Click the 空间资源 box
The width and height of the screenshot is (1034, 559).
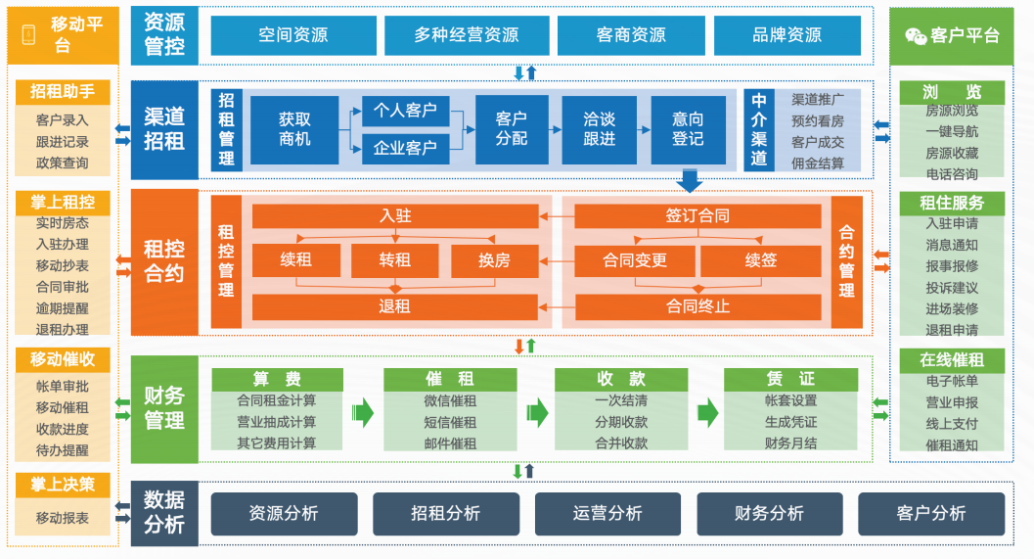click(x=292, y=35)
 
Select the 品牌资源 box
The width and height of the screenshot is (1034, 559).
click(x=787, y=35)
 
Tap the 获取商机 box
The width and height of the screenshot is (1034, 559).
click(x=294, y=129)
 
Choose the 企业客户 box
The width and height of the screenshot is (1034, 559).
click(x=405, y=149)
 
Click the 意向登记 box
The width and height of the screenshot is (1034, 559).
click(x=688, y=129)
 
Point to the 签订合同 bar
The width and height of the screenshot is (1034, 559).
click(x=697, y=216)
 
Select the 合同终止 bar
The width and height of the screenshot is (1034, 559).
click(x=697, y=306)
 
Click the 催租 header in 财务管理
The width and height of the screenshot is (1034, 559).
click(x=450, y=379)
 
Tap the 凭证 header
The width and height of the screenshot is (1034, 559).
click(x=790, y=379)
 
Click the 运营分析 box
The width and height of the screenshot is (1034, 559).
click(x=607, y=513)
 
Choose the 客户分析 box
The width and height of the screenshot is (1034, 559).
click(x=930, y=513)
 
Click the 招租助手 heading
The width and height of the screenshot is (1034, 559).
click(x=63, y=91)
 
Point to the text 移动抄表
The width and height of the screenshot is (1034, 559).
click(x=63, y=265)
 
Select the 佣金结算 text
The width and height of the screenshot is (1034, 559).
click(x=817, y=163)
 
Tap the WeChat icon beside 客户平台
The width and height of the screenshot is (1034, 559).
click(x=915, y=35)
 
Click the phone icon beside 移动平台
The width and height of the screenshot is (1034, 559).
click(x=28, y=34)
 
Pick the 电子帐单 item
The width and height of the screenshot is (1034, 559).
click(x=951, y=381)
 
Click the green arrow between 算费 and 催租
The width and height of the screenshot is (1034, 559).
click(x=363, y=412)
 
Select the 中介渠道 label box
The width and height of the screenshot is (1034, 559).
click(x=759, y=129)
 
